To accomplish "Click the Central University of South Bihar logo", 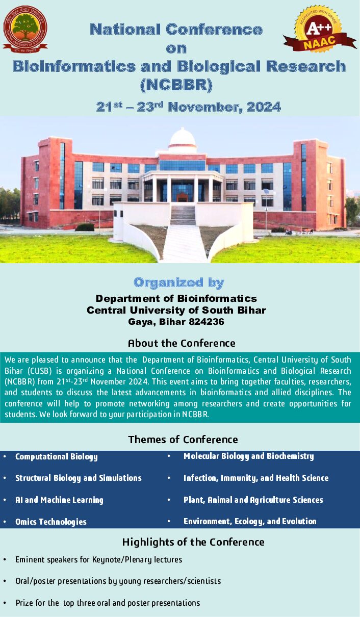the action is pyautogui.click(x=25, y=29).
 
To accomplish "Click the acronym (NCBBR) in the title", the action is pyautogui.click(x=176, y=85).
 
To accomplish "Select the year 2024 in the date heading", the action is pyautogui.click(x=264, y=107).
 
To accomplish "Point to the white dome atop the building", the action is pyautogui.click(x=183, y=137).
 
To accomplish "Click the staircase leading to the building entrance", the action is pyautogui.click(x=183, y=215).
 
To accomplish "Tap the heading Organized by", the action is pyautogui.click(x=179, y=283).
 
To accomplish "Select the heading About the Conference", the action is pyautogui.click(x=182, y=343).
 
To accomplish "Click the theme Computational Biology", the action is pyautogui.click(x=57, y=457).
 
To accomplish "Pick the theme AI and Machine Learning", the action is pyautogui.click(x=59, y=500).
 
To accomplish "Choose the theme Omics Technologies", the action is pyautogui.click(x=51, y=522).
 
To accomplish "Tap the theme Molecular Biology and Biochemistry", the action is pyautogui.click(x=249, y=456).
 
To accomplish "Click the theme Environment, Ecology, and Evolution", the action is pyautogui.click(x=250, y=521).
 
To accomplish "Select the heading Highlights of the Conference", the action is pyautogui.click(x=193, y=542).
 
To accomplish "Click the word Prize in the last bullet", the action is pyautogui.click(x=24, y=603).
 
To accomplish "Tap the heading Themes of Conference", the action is pyautogui.click(x=183, y=440).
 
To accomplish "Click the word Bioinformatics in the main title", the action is pyautogui.click(x=74, y=67).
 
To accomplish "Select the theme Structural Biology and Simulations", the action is pyautogui.click(x=79, y=478).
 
